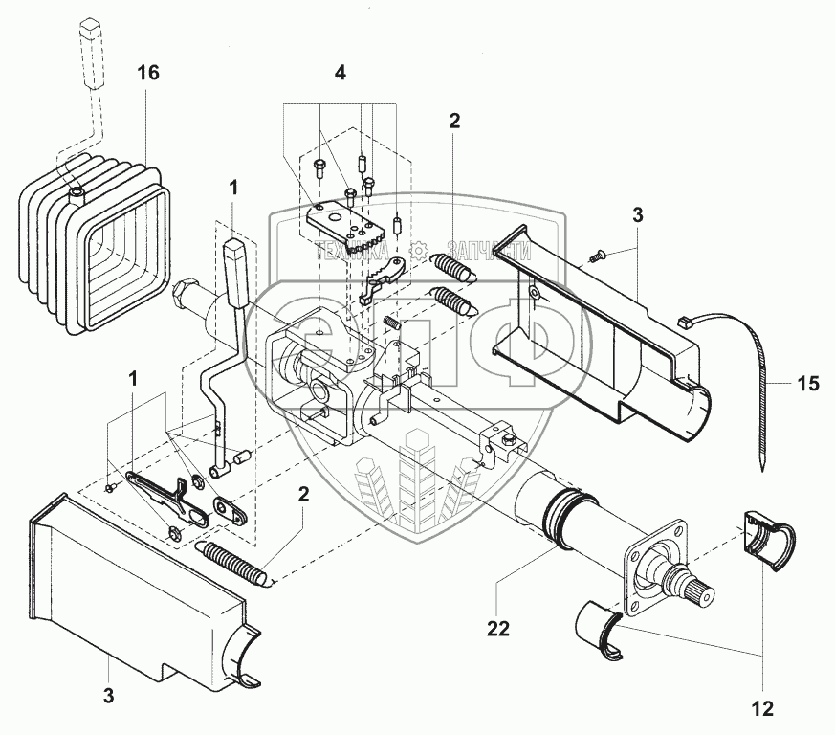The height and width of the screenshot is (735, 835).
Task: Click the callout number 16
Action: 147,72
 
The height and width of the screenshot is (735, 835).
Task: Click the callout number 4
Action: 340,73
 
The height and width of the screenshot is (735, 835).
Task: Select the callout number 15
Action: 808,384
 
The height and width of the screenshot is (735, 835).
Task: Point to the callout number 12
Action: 762,709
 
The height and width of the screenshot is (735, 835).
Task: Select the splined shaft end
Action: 691,587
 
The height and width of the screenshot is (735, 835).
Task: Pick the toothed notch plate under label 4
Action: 351,226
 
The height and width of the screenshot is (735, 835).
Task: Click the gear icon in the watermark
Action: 417,252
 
